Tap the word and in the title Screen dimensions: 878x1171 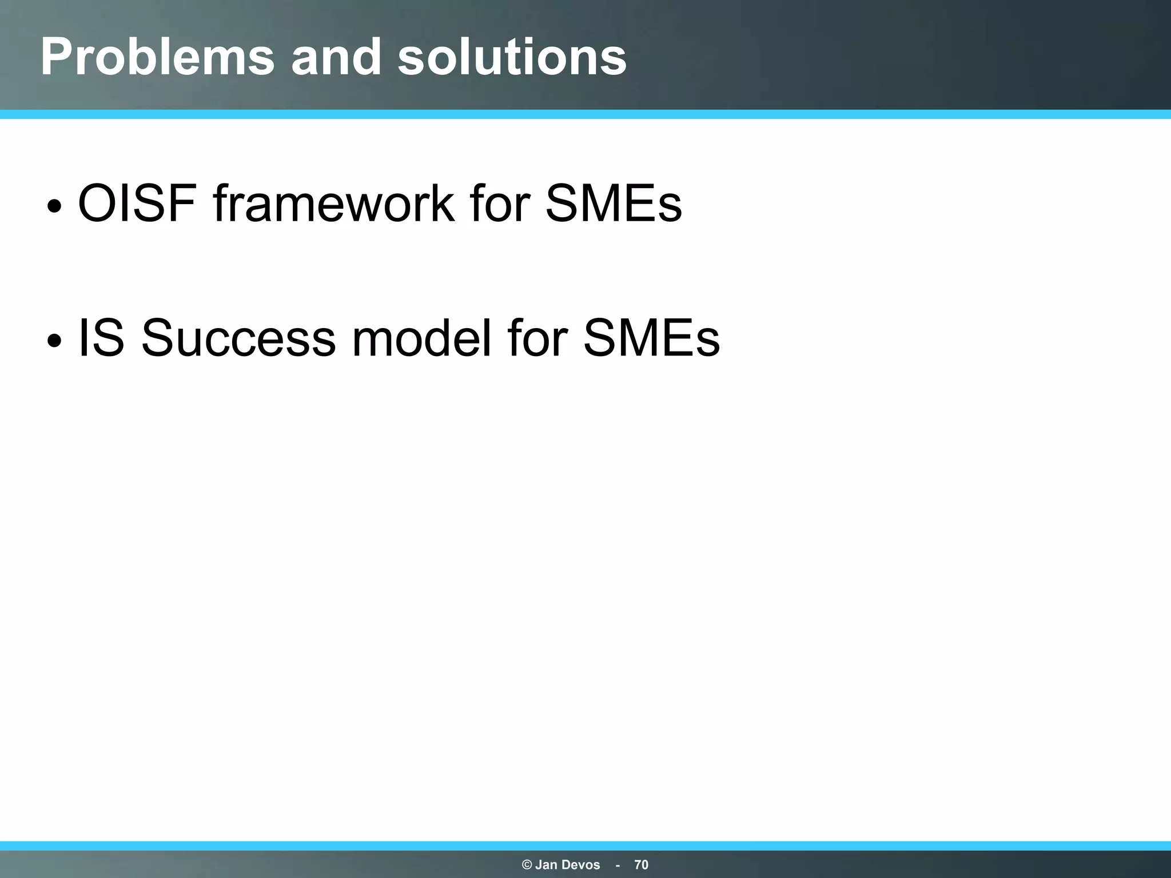click(336, 57)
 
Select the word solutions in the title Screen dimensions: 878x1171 click(512, 57)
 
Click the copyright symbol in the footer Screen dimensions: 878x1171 click(527, 865)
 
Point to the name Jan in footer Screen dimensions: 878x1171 click(547, 865)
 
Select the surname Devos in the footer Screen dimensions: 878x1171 click(581, 865)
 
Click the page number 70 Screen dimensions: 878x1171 click(641, 865)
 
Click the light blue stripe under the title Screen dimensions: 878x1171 click(585, 114)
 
